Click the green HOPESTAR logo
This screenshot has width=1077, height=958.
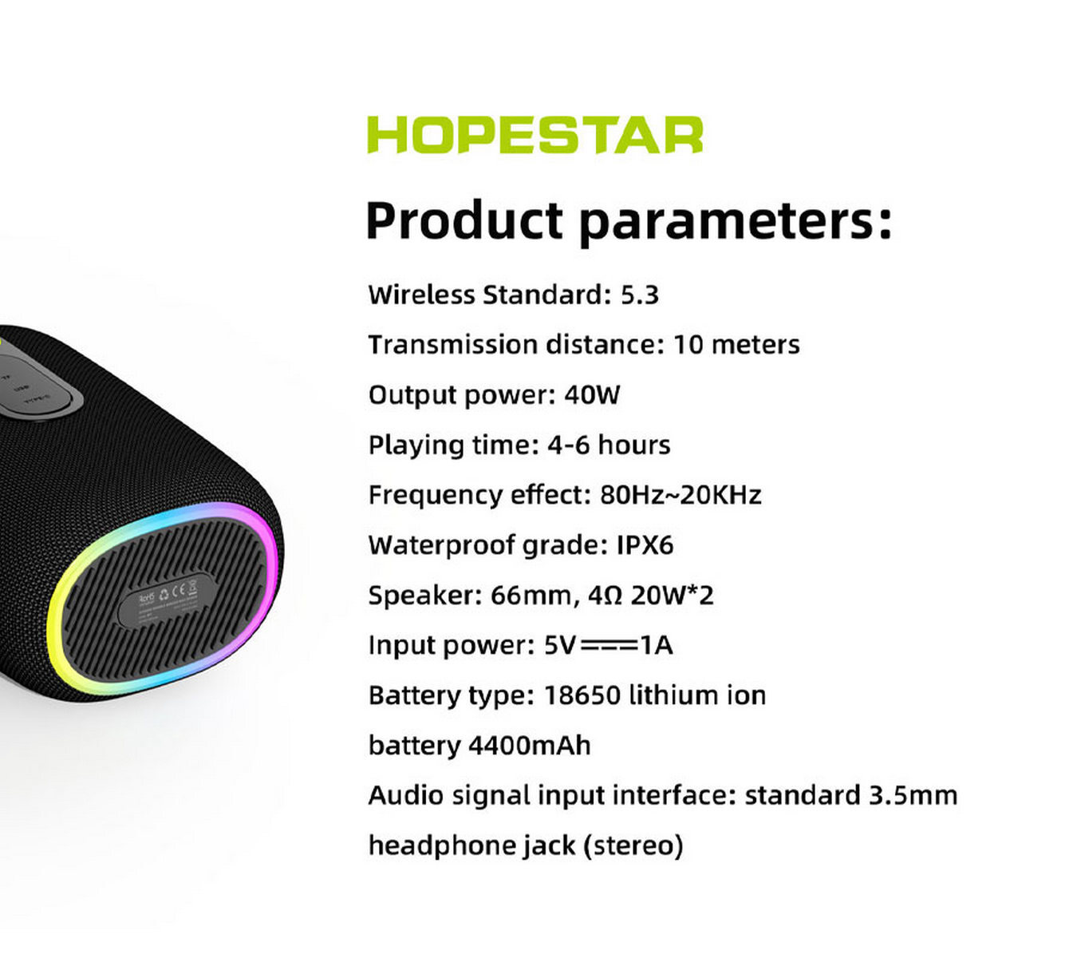(535, 135)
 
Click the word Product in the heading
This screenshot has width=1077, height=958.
(464, 221)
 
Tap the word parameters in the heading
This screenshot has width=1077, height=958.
(736, 224)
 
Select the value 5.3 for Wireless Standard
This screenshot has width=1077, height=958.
(640, 295)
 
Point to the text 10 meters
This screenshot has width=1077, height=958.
(736, 345)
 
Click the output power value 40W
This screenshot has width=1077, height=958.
(592, 394)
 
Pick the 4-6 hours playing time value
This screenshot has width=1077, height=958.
(609, 445)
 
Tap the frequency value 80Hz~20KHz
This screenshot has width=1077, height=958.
(681, 495)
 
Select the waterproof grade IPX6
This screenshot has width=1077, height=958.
(645, 544)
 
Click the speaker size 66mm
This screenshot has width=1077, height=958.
(531, 596)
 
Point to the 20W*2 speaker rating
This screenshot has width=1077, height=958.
(672, 595)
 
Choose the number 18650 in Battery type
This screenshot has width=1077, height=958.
(582, 695)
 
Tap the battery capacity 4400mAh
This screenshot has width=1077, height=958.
(530, 745)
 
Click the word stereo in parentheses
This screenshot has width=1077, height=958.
(633, 845)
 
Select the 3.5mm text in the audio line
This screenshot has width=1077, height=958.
(913, 796)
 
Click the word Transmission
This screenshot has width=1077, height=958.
(453, 345)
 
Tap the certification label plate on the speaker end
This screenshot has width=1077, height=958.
(166, 600)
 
